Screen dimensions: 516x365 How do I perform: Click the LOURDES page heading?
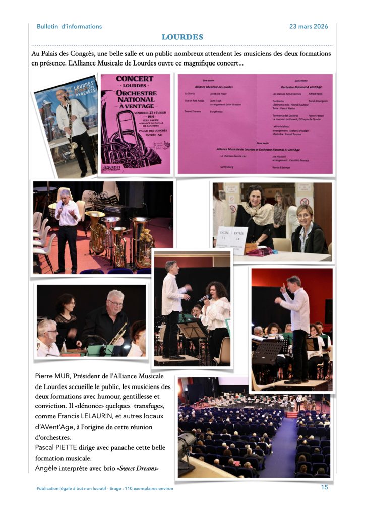(x=182, y=37)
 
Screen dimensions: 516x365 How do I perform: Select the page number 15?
(x=324, y=487)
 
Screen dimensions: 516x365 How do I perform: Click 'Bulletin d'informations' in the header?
(x=69, y=26)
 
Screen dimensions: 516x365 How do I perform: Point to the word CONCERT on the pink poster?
(x=135, y=79)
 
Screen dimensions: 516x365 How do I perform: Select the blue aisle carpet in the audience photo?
(x=284, y=449)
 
